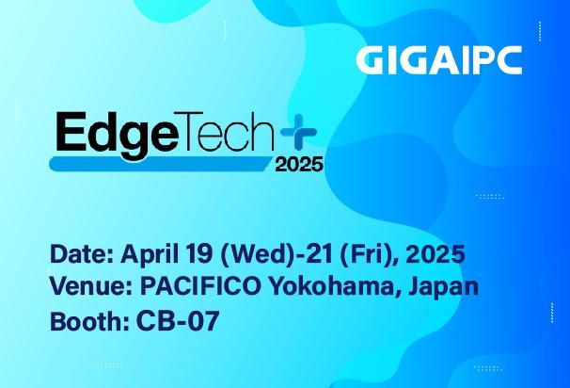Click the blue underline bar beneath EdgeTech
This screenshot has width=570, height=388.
point(160,164)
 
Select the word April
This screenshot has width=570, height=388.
point(151,255)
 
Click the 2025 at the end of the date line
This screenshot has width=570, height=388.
point(435,254)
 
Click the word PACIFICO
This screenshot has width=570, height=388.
point(197,286)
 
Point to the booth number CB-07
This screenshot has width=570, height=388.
point(177,320)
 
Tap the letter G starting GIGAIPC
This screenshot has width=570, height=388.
point(373,59)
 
